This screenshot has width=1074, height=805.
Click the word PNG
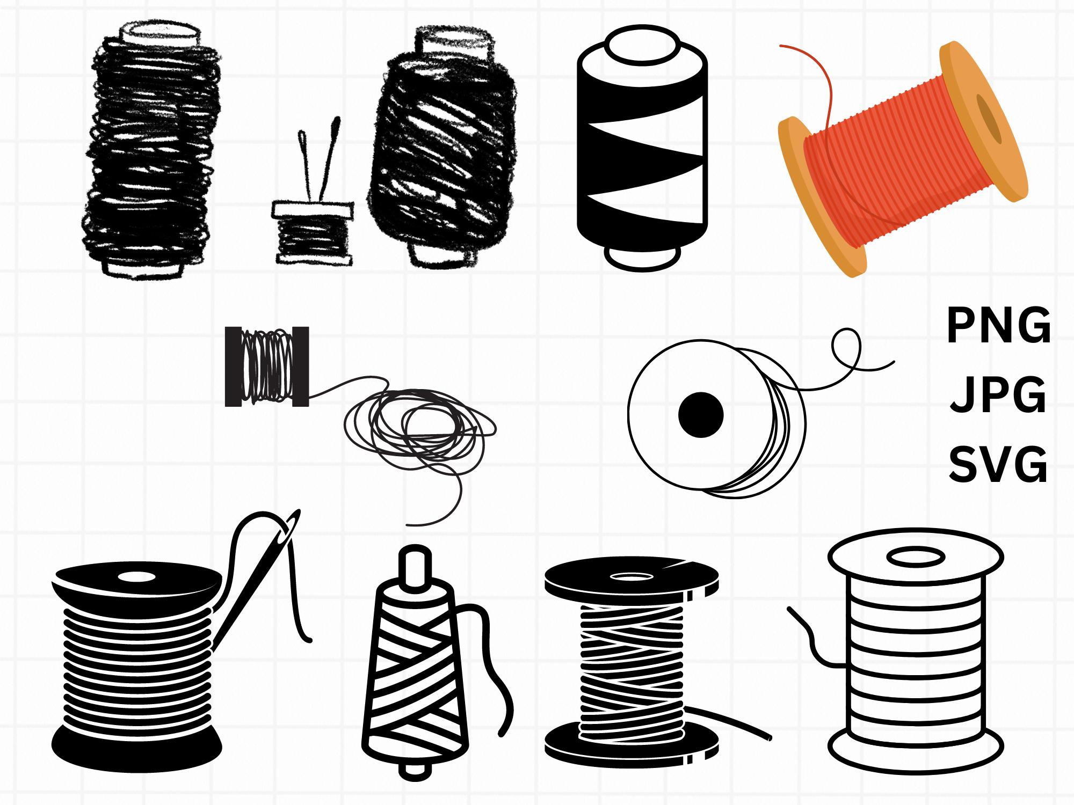click(998, 326)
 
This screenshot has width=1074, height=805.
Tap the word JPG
click(998, 396)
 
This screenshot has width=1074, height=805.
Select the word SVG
click(998, 465)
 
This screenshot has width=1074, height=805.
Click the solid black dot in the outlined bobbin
click(701, 415)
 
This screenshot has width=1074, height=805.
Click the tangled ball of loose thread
click(419, 435)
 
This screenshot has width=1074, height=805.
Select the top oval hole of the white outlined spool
click(916, 558)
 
